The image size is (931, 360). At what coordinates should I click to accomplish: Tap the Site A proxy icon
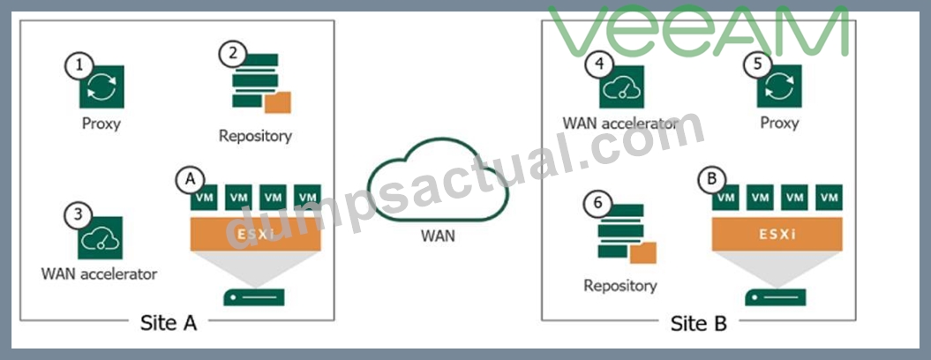[101, 86]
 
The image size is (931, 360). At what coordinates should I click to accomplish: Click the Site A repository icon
[261, 83]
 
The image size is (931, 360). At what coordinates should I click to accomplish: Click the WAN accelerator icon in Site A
[101, 237]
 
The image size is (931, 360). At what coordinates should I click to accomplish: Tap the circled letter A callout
[190, 178]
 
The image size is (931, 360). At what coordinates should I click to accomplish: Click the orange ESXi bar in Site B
[777, 234]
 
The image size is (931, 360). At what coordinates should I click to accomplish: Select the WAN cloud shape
[438, 181]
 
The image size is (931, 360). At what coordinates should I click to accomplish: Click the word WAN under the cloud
[438, 236]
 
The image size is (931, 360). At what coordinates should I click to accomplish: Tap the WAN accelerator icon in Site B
[621, 86]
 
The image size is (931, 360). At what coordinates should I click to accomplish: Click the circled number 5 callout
[757, 64]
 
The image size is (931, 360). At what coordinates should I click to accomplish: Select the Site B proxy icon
[779, 86]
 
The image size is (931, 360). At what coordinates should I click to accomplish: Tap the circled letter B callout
[711, 178]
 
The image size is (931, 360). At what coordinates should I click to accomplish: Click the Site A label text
[168, 323]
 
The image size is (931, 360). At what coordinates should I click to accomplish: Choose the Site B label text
[698, 323]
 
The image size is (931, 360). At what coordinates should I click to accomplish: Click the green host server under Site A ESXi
[254, 296]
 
